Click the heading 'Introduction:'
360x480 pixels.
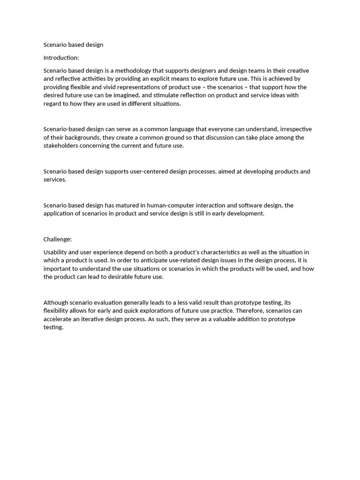tap(61, 58)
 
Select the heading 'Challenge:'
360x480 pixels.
tap(58, 239)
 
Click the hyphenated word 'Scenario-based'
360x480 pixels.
tap(65, 129)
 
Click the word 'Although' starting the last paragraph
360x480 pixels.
tap(57, 303)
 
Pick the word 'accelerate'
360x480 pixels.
tap(59, 319)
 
